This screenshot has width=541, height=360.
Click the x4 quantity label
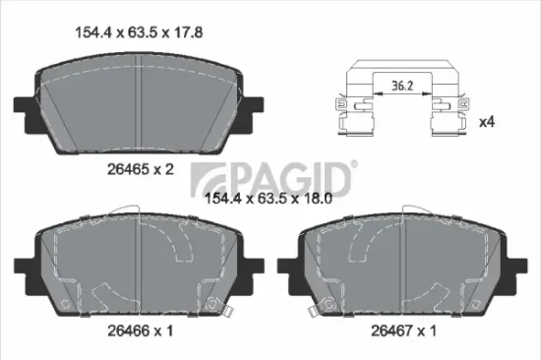pyautogui.click(x=485, y=123)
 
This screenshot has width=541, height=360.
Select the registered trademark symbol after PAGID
pyautogui.click(x=355, y=164)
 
